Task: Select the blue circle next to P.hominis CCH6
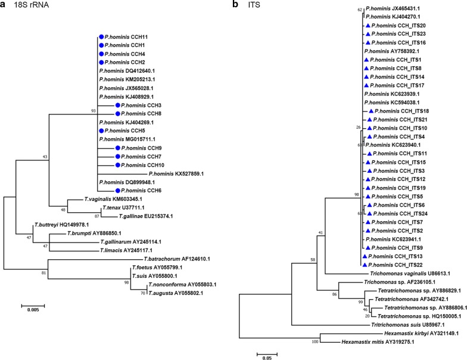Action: [x=102, y=191]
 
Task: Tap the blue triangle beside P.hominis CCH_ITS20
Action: [x=368, y=26]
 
